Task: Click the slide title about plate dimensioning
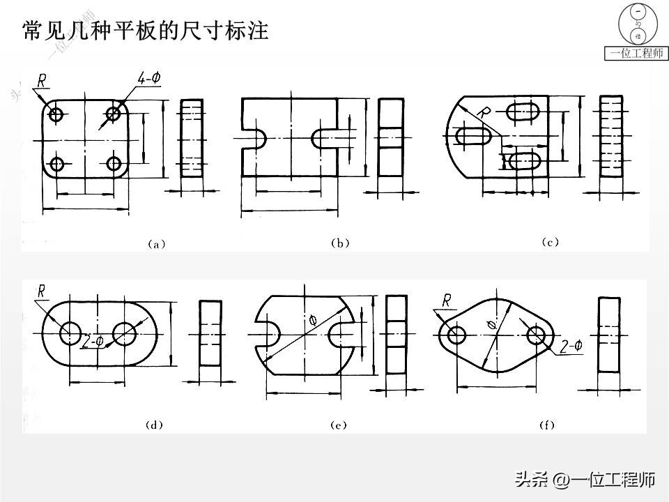146,31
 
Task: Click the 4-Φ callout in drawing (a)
148,79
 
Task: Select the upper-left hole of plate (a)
56,114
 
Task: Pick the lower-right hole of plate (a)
114,164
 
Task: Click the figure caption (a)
155,244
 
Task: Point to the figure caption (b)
339,243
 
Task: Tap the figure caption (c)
550,243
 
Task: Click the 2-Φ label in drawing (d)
92,342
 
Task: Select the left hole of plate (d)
70,334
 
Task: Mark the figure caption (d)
154,425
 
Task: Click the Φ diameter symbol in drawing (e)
312,320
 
